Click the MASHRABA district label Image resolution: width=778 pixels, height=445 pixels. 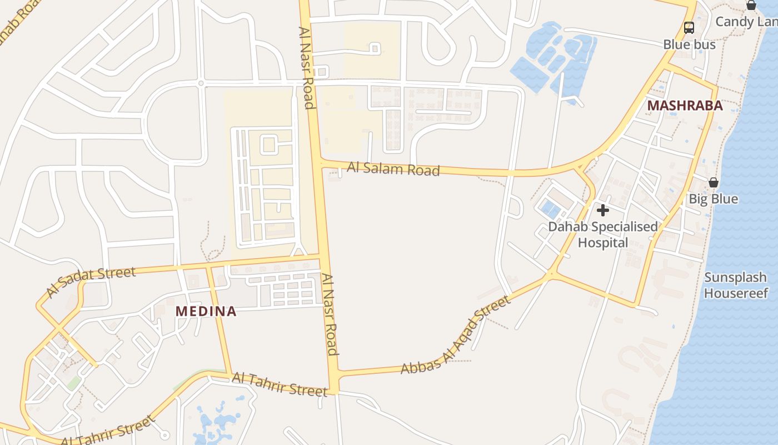pos(685,106)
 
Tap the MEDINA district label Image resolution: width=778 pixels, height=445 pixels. pos(206,311)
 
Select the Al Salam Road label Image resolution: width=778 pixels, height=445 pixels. pos(393,169)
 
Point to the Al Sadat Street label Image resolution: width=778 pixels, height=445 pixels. pos(91,281)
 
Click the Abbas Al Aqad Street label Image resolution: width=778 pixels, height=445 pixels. pos(455,336)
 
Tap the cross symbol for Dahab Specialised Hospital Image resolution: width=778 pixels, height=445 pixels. pos(603,210)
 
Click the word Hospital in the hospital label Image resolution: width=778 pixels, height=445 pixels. pos(603,243)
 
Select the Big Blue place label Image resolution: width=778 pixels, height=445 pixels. pos(714,199)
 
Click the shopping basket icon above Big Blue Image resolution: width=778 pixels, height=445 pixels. pos(714,182)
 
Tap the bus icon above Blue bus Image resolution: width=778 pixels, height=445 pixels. pos(689,28)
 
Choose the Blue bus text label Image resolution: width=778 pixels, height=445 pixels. pos(689,44)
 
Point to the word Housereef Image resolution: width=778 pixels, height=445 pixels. pos(736,293)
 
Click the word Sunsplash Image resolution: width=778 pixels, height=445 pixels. pos(736,278)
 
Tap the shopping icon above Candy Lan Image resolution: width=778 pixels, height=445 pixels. pos(751,6)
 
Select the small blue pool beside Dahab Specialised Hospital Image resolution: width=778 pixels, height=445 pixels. pos(551,209)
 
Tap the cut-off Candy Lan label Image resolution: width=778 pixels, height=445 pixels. pos(746,22)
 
